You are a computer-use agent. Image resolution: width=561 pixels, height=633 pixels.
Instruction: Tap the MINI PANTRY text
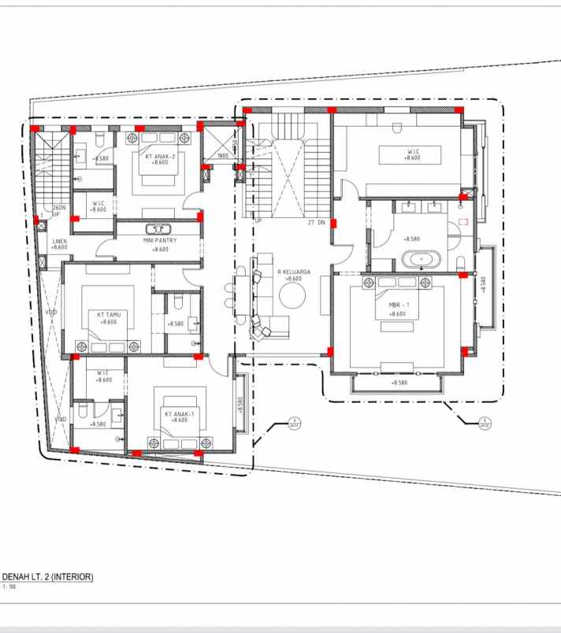click(159, 240)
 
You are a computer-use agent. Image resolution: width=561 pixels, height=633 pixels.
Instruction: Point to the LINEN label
click(60, 241)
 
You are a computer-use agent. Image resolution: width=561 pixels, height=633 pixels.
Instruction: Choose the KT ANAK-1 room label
click(176, 413)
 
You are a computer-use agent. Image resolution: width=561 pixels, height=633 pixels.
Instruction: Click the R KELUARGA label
click(294, 272)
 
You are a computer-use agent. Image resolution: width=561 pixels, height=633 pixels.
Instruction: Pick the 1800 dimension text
click(222, 156)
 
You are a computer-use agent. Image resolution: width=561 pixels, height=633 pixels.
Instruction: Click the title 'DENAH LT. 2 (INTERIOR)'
click(49, 577)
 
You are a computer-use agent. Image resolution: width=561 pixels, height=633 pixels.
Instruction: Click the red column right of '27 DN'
click(333, 224)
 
